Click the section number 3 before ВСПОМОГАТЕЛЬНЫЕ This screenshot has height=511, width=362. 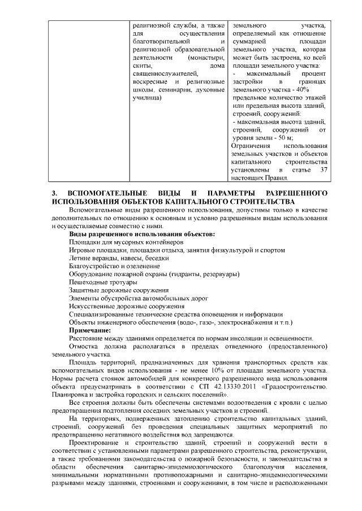(x=53, y=193)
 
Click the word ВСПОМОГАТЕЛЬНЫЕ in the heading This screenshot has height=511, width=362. (x=104, y=193)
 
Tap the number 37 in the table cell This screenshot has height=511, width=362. (x=324, y=169)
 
